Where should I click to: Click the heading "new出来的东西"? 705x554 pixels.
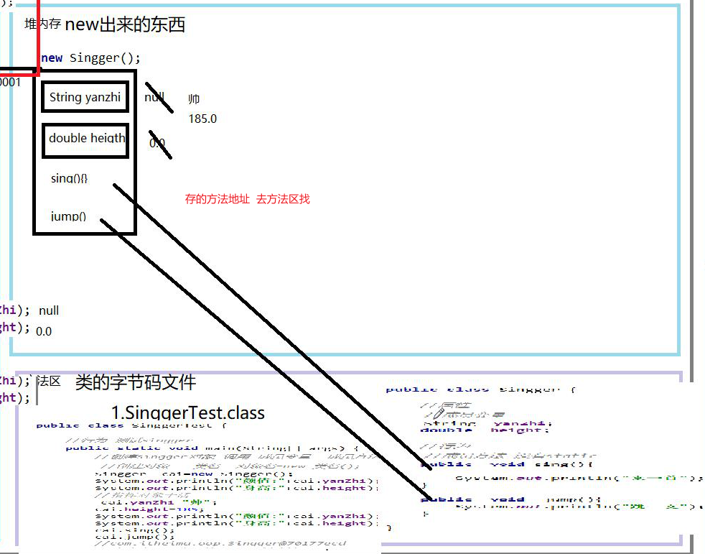click(x=125, y=25)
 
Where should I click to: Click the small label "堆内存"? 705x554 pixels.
click(x=42, y=24)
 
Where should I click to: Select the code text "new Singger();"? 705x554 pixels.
click(x=91, y=58)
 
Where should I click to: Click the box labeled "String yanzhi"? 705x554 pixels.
click(x=85, y=97)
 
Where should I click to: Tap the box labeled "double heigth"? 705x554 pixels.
click(x=87, y=138)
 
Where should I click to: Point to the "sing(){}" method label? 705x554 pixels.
click(x=69, y=178)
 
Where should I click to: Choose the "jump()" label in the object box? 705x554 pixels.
click(x=69, y=216)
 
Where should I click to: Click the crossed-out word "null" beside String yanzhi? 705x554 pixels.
click(x=154, y=97)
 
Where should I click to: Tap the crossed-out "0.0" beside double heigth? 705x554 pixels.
click(x=157, y=143)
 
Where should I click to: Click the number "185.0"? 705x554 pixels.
click(x=202, y=119)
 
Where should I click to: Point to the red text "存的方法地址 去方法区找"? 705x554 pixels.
click(x=247, y=199)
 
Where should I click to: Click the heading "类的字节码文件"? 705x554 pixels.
click(x=136, y=382)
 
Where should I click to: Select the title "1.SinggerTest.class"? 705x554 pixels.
click(x=188, y=413)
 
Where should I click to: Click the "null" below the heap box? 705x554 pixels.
click(x=49, y=310)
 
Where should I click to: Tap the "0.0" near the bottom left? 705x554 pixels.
click(x=44, y=331)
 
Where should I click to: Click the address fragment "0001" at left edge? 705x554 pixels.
click(x=10, y=82)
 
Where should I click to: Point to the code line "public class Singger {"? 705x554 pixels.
click(x=480, y=389)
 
